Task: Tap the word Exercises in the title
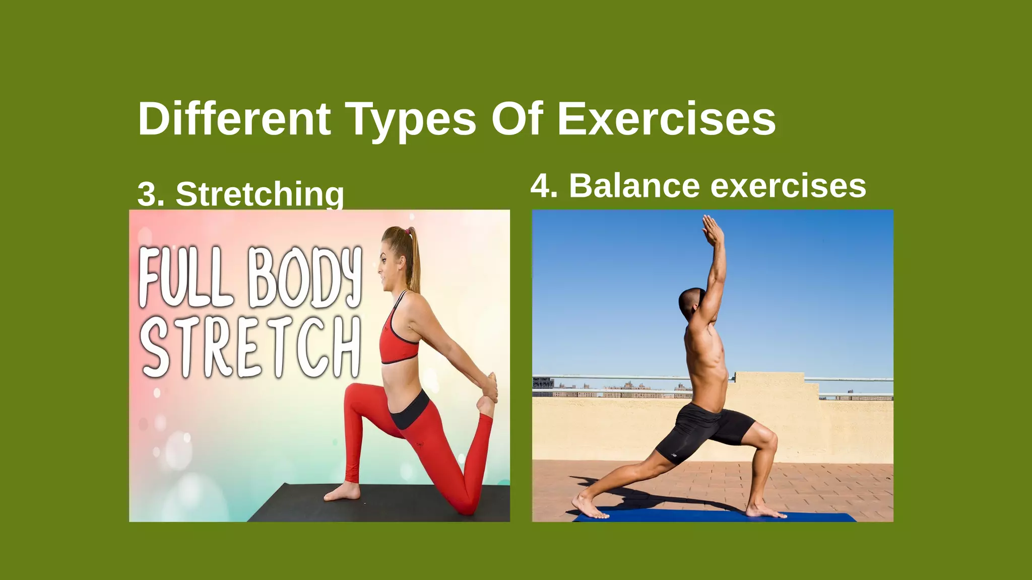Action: click(x=666, y=119)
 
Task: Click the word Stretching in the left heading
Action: click(x=260, y=194)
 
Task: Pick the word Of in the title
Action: click(x=517, y=119)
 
